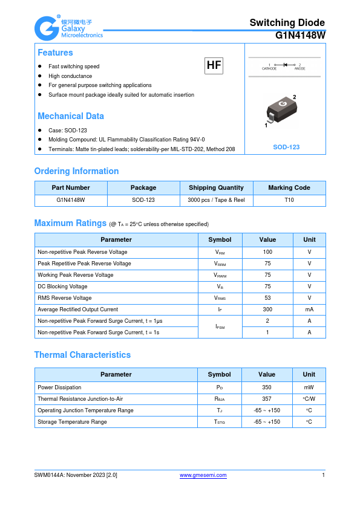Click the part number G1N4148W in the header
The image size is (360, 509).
click(300, 35)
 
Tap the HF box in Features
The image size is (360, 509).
click(214, 65)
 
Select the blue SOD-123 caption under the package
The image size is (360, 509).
click(286, 147)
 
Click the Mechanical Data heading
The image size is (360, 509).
click(71, 116)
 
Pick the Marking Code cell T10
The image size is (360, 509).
click(289, 199)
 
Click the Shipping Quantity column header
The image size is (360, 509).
click(216, 187)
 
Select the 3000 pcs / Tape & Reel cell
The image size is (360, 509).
click(216, 199)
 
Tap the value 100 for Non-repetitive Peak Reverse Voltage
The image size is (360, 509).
click(267, 251)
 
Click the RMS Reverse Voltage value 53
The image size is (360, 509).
click(267, 297)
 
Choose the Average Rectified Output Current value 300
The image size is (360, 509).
click(267, 309)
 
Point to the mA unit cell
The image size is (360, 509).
click(309, 309)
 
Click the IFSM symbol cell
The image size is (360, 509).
click(220, 326)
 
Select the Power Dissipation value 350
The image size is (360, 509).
click(267, 387)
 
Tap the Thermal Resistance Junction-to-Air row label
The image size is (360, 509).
click(80, 398)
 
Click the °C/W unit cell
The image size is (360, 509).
click(309, 398)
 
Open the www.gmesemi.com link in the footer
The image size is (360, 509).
click(203, 475)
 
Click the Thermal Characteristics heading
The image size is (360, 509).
click(82, 355)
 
